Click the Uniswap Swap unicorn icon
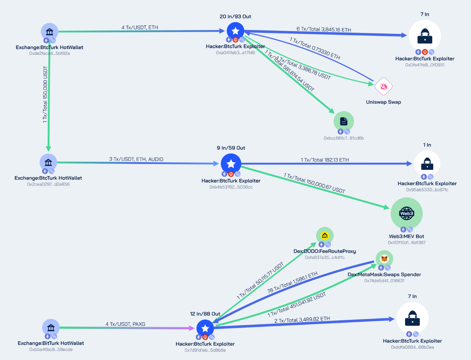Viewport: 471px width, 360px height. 383,87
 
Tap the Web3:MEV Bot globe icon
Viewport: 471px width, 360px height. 407,213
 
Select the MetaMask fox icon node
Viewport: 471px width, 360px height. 384,259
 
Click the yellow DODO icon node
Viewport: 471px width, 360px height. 325,236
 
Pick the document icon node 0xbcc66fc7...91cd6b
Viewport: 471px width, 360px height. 343,121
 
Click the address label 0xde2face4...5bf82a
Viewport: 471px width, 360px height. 49,53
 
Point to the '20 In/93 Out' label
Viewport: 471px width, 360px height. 235,16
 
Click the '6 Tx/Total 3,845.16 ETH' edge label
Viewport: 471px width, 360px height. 324,29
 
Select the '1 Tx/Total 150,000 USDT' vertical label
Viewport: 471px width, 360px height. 45,94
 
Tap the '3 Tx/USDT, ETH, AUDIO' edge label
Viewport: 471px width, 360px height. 136,159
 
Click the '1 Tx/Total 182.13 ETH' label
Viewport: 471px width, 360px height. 325,160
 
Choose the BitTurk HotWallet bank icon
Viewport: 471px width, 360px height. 51,328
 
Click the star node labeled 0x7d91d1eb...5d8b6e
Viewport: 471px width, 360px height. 205,328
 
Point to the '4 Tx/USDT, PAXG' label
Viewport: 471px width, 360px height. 125,324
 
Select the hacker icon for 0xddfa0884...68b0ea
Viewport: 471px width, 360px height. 412,318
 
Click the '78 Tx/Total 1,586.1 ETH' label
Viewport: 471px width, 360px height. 292,283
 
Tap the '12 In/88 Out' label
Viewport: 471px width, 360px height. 205,314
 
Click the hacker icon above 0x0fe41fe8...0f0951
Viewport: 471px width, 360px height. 425,36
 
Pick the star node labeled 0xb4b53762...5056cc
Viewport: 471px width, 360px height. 231,164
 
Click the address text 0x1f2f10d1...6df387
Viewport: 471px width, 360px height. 407,243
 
